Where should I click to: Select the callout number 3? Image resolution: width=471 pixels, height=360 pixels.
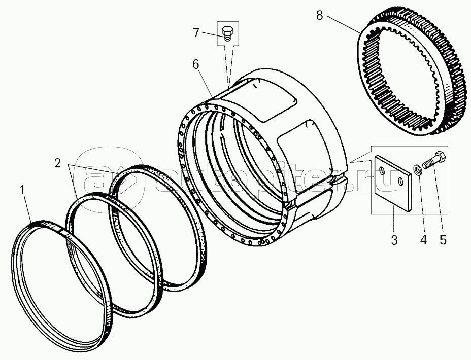[394, 239]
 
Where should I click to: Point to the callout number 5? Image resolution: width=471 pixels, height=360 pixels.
[443, 239]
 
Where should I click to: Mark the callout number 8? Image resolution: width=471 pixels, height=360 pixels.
[319, 15]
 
